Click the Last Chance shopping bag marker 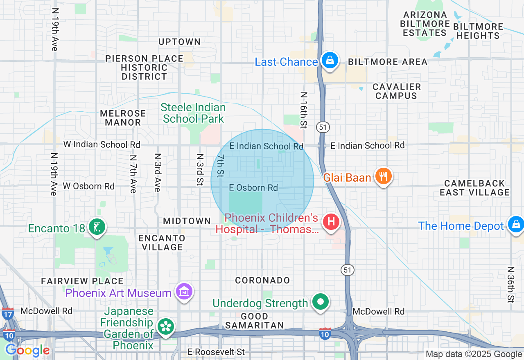(x=329, y=61)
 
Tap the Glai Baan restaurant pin (x=383, y=176)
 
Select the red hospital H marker (x=331, y=222)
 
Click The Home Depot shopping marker (x=515, y=225)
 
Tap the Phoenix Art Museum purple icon (x=184, y=292)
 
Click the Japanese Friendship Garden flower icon (x=166, y=326)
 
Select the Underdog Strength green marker (x=321, y=302)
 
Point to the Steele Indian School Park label (x=193, y=113)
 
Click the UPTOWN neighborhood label (x=179, y=42)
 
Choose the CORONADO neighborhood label (x=262, y=280)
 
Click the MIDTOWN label (x=187, y=221)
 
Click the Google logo (x=27, y=350)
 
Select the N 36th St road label (x=510, y=285)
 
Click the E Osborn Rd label (x=253, y=188)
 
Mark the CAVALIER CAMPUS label (x=396, y=91)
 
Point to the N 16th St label (x=303, y=110)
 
